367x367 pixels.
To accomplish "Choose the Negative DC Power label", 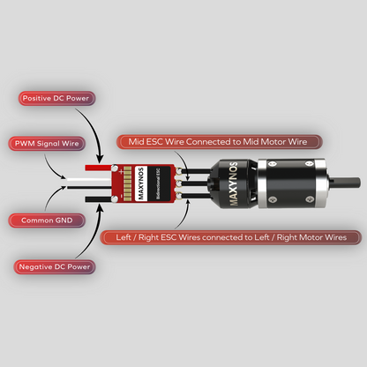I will click(54, 266).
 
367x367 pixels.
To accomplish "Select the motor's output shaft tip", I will click(356, 183).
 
